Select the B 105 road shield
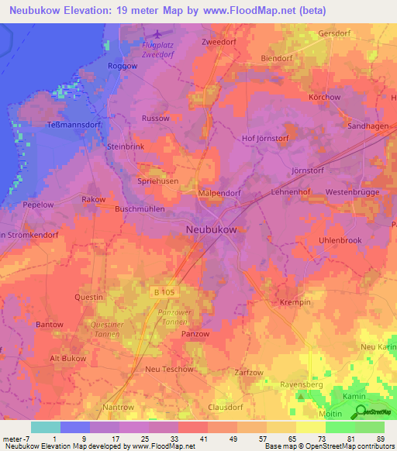tap(160, 291)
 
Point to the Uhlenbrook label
tap(340, 240)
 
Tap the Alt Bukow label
tap(67, 359)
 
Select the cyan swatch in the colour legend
tap(45, 427)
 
